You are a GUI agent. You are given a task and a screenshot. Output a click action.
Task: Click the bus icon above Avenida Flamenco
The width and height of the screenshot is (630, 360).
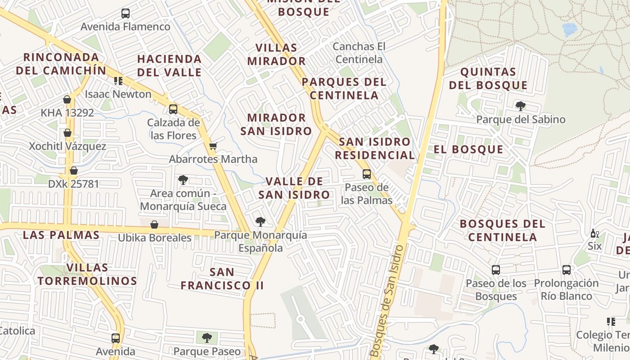pyautogui.click(x=126, y=13)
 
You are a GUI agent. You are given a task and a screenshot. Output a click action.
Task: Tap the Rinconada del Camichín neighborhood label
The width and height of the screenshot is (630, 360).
pyautogui.click(x=61, y=64)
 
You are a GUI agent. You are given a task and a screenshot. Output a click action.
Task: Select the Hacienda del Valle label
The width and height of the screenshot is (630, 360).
pyautogui.click(x=169, y=66)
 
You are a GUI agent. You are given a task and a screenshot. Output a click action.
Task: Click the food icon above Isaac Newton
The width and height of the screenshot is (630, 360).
pyautogui.click(x=118, y=81)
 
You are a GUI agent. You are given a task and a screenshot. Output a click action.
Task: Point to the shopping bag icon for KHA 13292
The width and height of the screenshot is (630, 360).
pyautogui.click(x=67, y=99)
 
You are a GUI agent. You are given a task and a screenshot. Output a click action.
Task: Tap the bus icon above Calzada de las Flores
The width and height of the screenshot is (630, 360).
pyautogui.click(x=173, y=109)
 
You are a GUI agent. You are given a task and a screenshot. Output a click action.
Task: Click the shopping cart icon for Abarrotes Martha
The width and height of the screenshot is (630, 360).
pyautogui.click(x=213, y=146)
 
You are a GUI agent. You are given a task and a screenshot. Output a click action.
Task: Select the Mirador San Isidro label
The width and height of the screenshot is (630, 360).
pyautogui.click(x=276, y=124)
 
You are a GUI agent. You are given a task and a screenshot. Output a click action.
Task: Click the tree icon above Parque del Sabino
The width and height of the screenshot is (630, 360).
pyautogui.click(x=521, y=107)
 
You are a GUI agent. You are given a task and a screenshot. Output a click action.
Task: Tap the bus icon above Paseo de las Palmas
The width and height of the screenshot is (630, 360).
pyautogui.click(x=367, y=174)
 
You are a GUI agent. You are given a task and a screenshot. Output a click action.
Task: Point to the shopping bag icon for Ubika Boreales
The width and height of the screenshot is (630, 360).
pyautogui.click(x=154, y=224)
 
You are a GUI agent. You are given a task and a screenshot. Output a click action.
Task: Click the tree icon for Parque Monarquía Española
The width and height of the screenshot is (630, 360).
pyautogui.click(x=260, y=221)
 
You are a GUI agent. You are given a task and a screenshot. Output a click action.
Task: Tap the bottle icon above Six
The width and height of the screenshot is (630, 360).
pyautogui.click(x=594, y=234)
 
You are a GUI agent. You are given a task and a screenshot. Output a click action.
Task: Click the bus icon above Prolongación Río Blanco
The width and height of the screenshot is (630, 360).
pyautogui.click(x=567, y=270)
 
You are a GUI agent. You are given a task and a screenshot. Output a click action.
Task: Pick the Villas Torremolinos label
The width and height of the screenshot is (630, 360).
pyautogui.click(x=87, y=274)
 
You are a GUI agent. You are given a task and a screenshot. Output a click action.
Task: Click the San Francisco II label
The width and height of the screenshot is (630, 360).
pyautogui.click(x=222, y=279)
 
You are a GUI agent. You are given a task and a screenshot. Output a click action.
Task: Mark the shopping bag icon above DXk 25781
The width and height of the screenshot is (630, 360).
pyautogui.click(x=74, y=171)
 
